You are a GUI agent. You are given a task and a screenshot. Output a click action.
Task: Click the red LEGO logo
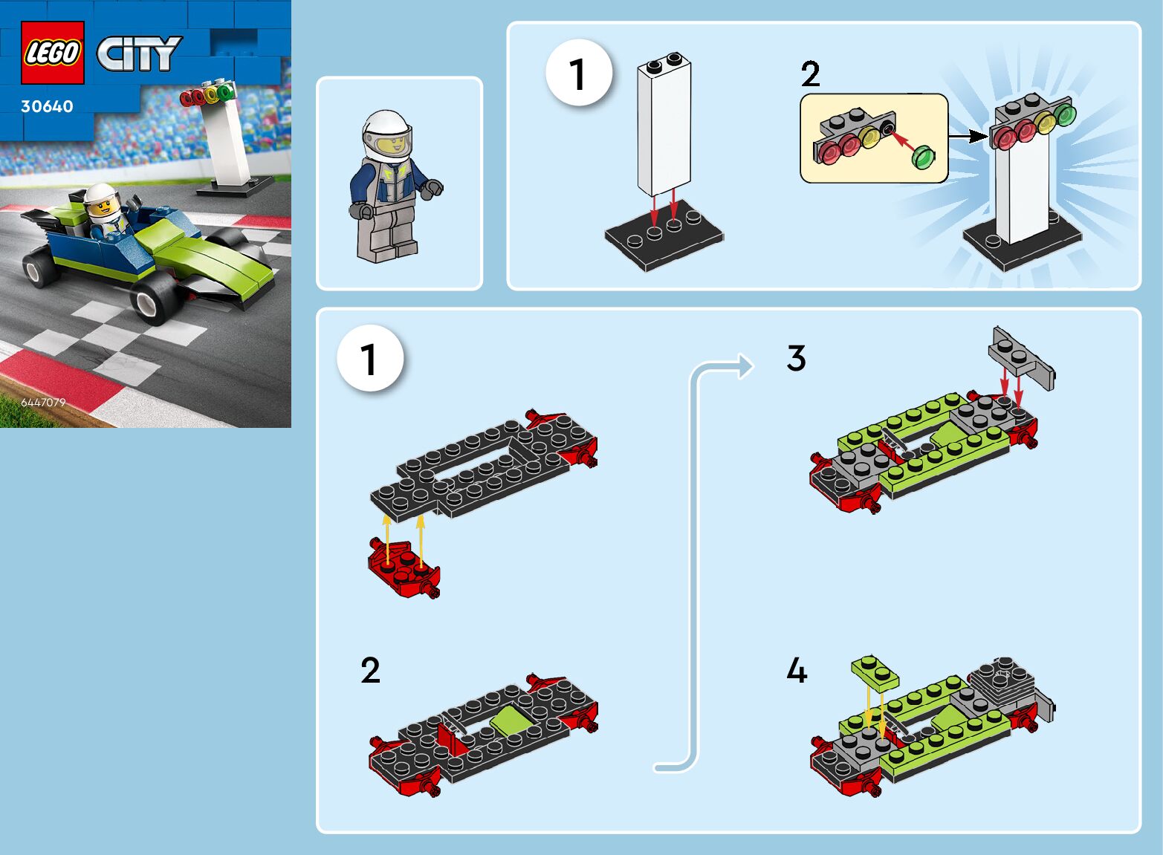53,53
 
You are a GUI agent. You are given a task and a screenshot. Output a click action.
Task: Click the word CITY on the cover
139,53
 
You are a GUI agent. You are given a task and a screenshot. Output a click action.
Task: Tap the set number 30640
47,106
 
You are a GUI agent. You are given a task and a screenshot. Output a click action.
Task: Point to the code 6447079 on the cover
43,403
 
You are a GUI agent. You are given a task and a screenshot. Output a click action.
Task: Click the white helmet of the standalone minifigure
387,134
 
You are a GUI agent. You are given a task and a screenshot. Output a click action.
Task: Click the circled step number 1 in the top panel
579,73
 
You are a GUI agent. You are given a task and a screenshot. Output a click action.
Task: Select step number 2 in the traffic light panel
811,74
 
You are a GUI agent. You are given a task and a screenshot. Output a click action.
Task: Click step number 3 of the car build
797,358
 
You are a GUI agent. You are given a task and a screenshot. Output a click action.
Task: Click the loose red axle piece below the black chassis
404,568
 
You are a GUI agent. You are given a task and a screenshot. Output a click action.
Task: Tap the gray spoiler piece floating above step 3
1021,358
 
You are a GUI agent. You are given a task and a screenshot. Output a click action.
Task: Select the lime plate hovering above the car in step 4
875,672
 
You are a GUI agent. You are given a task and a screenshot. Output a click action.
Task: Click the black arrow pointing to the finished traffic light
968,137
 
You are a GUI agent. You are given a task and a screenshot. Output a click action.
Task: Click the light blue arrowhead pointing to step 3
746,366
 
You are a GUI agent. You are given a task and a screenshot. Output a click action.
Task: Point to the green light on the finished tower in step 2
1065,114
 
